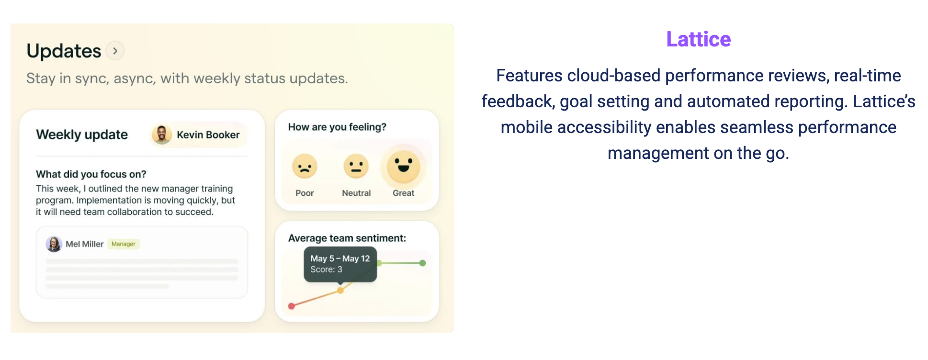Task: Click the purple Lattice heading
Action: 698,39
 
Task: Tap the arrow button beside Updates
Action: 115,51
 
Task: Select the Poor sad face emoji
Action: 305,167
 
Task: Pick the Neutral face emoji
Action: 356,167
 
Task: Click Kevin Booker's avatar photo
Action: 162,135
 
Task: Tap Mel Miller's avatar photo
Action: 54,244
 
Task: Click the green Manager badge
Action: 124,244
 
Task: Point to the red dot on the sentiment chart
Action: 291,306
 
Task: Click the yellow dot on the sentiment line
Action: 340,290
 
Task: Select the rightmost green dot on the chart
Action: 422,263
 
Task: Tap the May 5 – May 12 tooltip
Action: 340,264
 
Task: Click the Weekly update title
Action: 82,135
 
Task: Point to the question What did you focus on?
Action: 91,174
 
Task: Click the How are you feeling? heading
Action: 337,127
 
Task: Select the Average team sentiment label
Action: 347,238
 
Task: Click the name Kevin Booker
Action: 208,135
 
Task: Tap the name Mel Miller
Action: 84,244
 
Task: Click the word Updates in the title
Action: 64,51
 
